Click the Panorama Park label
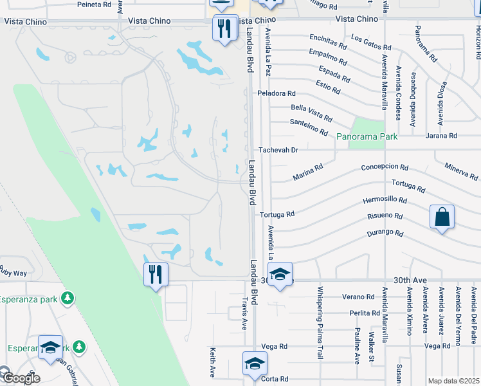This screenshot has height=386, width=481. point(367,136)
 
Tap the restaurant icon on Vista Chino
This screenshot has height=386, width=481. point(225,29)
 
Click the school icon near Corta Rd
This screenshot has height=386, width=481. point(255,365)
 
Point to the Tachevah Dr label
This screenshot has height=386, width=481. point(278,150)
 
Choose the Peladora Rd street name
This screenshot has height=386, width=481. point(276,93)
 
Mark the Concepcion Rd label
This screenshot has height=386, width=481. point(385,167)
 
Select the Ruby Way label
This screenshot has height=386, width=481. point(13,273)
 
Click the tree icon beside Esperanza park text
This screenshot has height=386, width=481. point(67,299)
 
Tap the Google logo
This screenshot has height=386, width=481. point(21,378)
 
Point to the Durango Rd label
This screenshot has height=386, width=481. point(385,232)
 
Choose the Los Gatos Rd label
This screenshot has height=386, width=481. point(371,42)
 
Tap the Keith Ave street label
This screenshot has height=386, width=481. point(213,362)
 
